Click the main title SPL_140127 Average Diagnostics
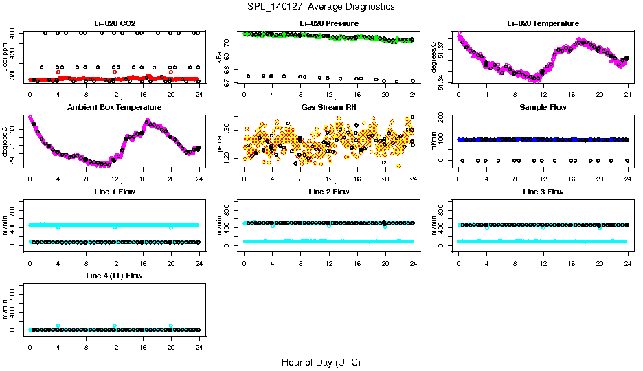(x=321, y=6)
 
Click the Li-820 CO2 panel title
(x=114, y=24)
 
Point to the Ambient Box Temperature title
(x=114, y=108)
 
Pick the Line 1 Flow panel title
(x=114, y=192)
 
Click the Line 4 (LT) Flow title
(x=114, y=276)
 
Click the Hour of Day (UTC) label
(x=321, y=362)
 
